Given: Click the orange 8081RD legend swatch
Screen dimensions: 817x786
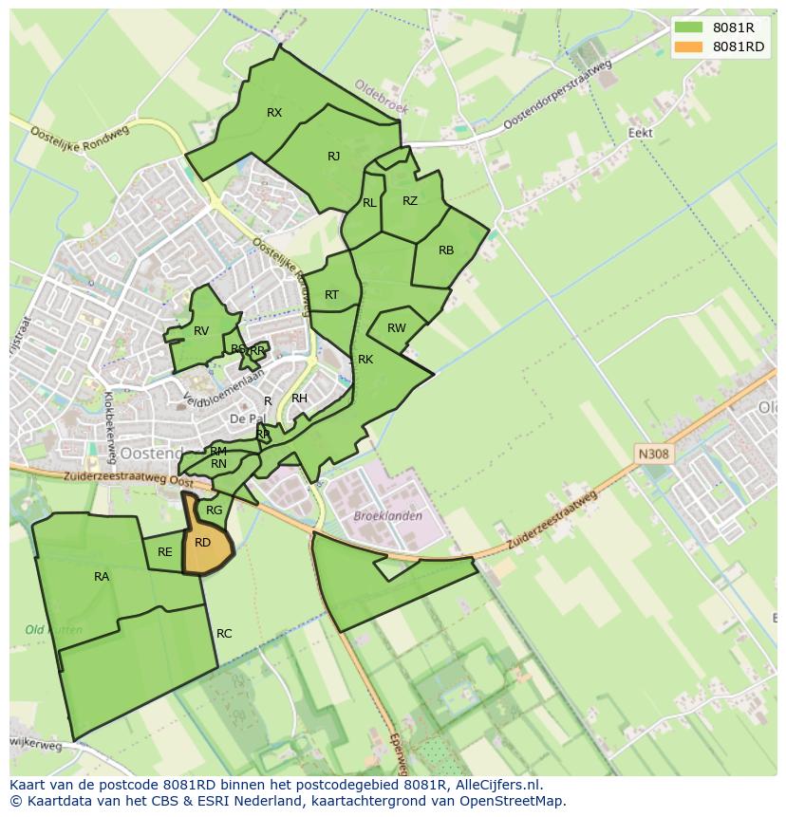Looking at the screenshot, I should tap(689, 47).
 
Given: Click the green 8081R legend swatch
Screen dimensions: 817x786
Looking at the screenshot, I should tap(689, 28).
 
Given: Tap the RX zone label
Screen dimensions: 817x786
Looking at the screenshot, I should tap(274, 113).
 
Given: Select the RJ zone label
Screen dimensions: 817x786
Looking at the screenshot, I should tap(333, 157).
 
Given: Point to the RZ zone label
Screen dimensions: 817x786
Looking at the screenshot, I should tap(410, 201).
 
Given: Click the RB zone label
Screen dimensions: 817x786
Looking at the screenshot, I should tap(446, 251).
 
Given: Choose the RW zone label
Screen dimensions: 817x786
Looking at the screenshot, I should tap(397, 328).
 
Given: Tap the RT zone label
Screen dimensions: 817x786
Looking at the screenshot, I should tap(331, 295).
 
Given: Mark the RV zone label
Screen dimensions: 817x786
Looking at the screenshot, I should tap(201, 331).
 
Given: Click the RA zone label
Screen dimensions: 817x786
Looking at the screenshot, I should tap(102, 577).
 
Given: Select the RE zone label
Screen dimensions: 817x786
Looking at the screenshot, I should tap(165, 552).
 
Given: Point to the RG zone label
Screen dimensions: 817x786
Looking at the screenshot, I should tap(215, 511).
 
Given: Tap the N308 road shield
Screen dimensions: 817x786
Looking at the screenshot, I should tap(653, 455).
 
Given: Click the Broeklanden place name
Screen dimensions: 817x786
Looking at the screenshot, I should tap(387, 516).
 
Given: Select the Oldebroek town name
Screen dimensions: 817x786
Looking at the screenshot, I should tap(380, 96).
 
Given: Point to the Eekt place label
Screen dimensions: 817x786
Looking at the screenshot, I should tap(641, 133).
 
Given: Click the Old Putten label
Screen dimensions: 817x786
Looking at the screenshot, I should tap(53, 630).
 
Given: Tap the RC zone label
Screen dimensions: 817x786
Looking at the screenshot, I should tap(224, 634).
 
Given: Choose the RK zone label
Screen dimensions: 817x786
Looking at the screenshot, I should tap(365, 360).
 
